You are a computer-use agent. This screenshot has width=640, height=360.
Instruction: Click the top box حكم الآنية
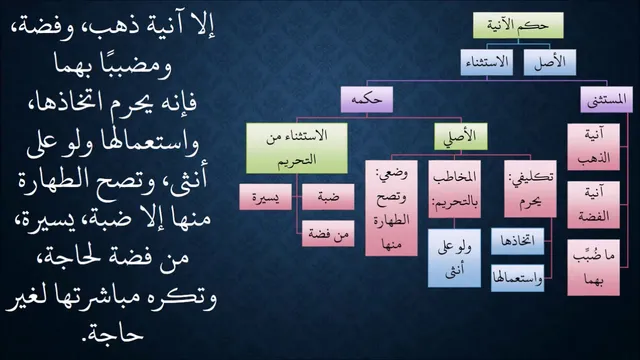click(518, 25)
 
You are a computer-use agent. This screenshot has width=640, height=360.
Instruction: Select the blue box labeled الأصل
click(550, 62)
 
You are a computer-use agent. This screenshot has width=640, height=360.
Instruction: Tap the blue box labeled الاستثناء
click(487, 62)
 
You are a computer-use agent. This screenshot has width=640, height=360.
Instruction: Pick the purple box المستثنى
click(607, 99)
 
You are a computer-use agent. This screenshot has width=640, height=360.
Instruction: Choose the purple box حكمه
click(367, 99)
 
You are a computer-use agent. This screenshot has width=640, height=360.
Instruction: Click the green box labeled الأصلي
click(461, 136)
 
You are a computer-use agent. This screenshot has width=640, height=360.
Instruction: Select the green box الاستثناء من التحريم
click(297, 148)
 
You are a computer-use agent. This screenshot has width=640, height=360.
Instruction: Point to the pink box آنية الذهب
click(593, 147)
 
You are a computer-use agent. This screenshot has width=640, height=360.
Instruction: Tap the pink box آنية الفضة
click(593, 205)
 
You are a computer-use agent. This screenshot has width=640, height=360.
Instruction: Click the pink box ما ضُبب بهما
click(593, 268)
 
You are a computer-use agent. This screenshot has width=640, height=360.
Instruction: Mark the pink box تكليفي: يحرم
click(530, 189)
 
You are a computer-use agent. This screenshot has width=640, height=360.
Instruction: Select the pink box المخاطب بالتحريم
click(455, 189)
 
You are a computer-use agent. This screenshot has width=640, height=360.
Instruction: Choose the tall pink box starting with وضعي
click(391, 208)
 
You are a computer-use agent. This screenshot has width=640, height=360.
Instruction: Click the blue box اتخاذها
click(518, 241)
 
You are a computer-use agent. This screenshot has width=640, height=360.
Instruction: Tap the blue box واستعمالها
click(518, 278)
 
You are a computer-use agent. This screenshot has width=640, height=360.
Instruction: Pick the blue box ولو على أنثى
click(454, 258)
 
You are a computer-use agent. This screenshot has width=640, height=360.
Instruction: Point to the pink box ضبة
click(328, 197)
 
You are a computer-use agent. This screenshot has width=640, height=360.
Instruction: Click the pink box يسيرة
click(266, 197)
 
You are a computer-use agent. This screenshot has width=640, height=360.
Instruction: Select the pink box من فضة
click(328, 233)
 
